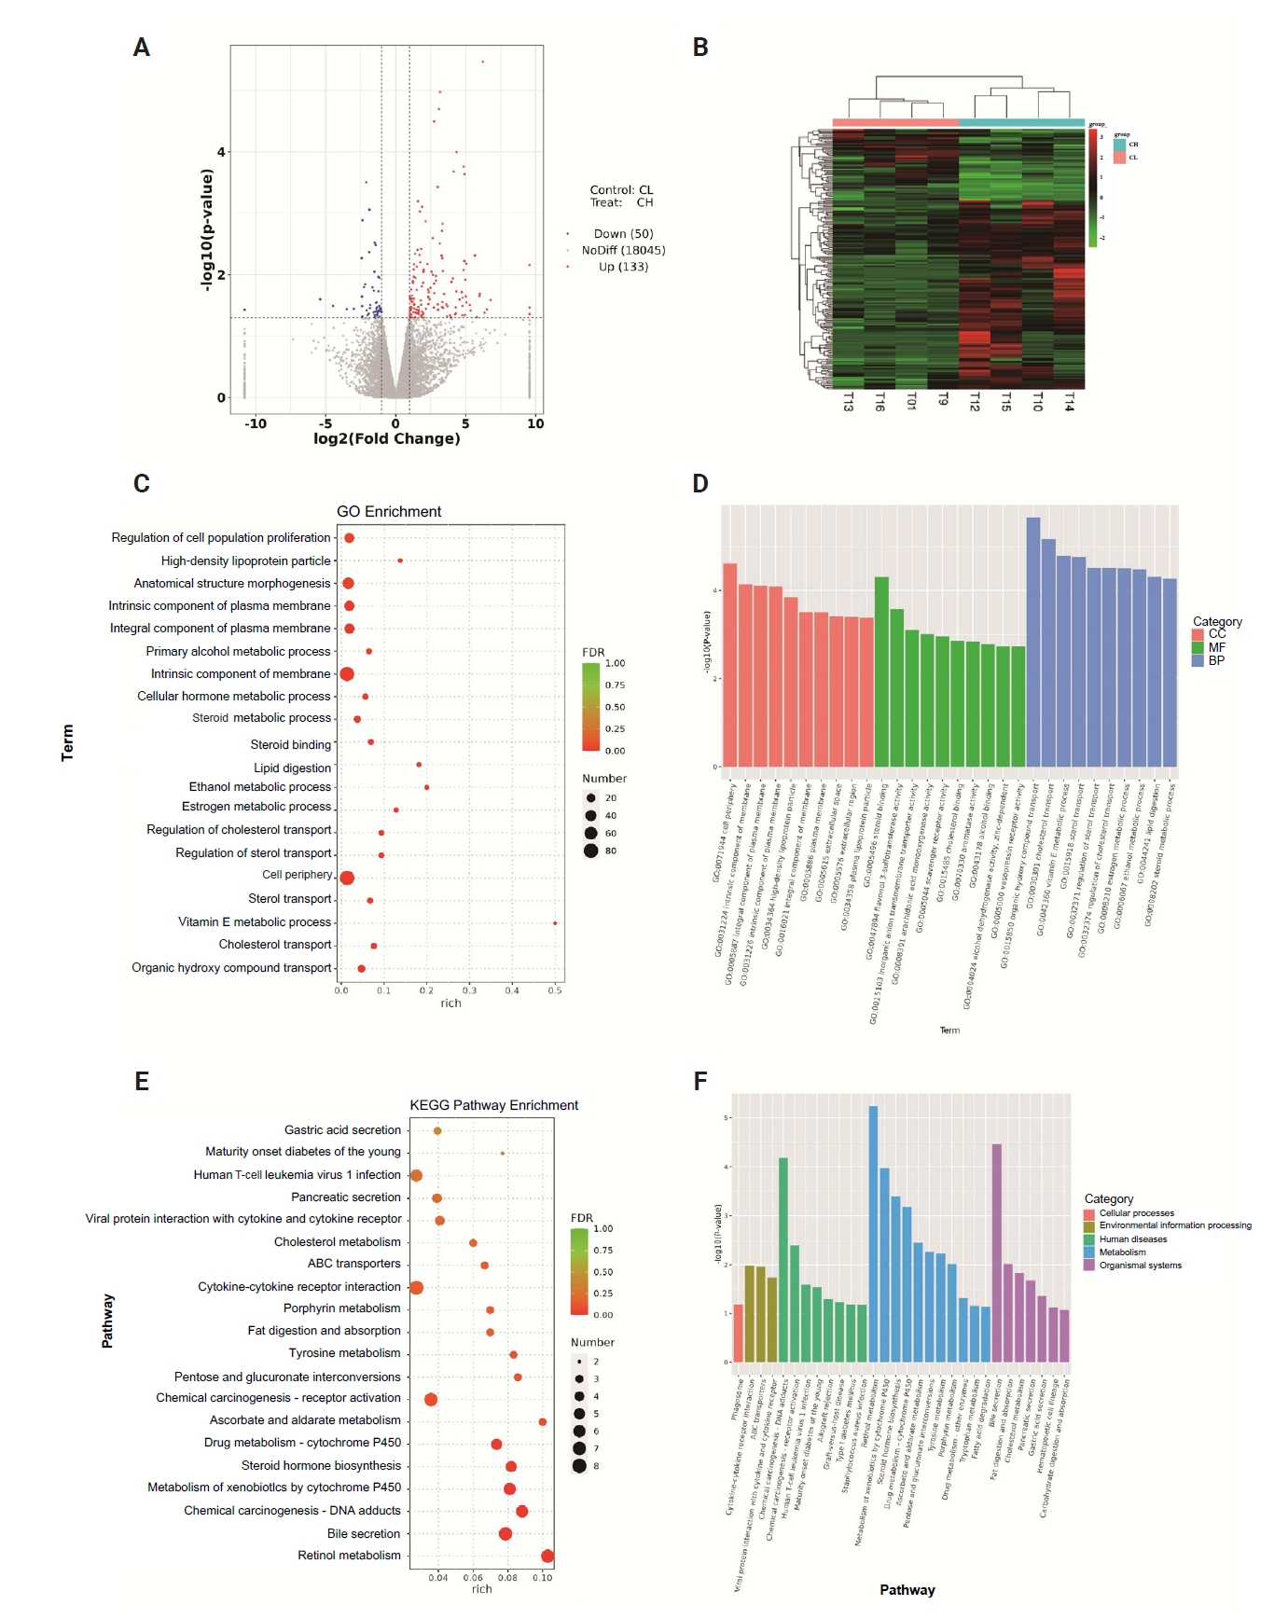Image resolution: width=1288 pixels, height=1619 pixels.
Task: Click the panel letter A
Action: click(142, 48)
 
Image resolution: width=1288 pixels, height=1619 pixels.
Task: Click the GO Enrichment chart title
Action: click(389, 512)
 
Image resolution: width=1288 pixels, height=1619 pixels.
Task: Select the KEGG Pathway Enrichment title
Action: click(493, 1105)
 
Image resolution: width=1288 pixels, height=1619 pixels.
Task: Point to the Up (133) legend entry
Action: click(623, 267)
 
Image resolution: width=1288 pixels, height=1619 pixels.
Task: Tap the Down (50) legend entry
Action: click(623, 234)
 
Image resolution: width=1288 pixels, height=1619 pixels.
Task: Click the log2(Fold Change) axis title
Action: click(387, 438)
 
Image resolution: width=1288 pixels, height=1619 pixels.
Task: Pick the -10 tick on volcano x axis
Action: click(255, 423)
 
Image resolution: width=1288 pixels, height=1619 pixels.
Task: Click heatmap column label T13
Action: click(849, 401)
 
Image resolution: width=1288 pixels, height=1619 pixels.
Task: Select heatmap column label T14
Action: click(1069, 401)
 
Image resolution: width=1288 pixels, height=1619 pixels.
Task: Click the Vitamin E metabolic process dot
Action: click(555, 923)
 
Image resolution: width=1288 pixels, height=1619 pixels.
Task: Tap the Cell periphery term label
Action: click(297, 875)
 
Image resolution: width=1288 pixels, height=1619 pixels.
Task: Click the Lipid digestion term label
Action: click(292, 768)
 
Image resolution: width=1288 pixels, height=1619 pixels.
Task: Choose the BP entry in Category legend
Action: click(1216, 660)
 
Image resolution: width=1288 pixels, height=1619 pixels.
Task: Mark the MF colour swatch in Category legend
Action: click(1198, 647)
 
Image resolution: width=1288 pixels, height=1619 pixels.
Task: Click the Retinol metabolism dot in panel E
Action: click(547, 1556)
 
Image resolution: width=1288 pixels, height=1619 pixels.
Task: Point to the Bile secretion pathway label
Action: click(363, 1533)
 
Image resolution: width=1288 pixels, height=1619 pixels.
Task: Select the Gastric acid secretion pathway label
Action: click(342, 1130)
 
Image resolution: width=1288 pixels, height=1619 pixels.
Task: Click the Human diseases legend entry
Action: click(1132, 1239)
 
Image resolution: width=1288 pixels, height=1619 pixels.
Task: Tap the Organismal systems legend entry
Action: click(1140, 1266)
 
